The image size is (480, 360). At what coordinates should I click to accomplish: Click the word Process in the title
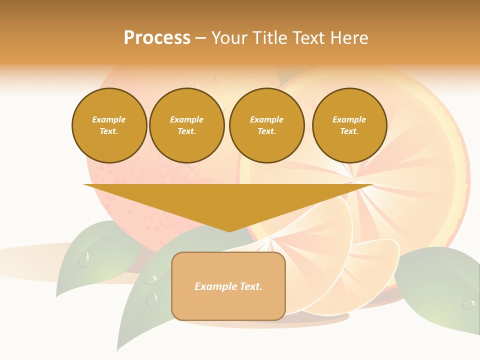pyautogui.click(x=157, y=38)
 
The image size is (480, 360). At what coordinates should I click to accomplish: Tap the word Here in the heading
pyautogui.click(x=348, y=38)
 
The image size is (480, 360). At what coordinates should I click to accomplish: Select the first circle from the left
pyautogui.click(x=109, y=125)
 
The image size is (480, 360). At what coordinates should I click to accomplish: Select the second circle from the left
pyautogui.click(x=186, y=125)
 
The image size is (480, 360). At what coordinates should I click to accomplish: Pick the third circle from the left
pyautogui.click(x=266, y=125)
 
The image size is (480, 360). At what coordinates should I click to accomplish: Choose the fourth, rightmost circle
pyautogui.click(x=349, y=125)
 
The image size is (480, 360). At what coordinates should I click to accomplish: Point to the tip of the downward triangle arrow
pyautogui.click(x=228, y=230)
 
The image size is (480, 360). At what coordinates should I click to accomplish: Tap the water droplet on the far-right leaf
pyautogui.click(x=468, y=304)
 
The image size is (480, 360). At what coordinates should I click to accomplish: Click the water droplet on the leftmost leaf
pyautogui.click(x=84, y=259)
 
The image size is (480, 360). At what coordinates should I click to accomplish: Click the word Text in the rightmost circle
pyautogui.click(x=349, y=131)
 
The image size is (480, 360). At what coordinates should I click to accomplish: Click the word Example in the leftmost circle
pyautogui.click(x=109, y=119)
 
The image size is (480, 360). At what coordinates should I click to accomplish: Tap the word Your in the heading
pyautogui.click(x=231, y=38)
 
